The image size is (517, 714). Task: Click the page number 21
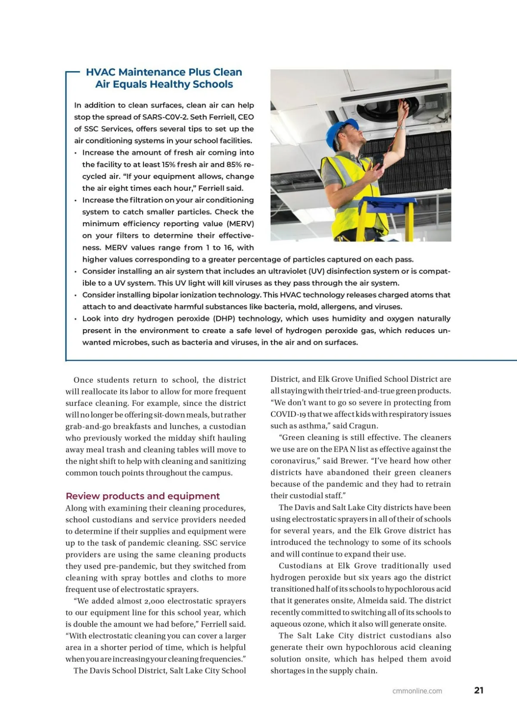pyautogui.click(x=479, y=690)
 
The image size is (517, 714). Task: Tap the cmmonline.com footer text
pyautogui.click(x=417, y=691)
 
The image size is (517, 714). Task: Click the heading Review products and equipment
pyautogui.click(x=142, y=496)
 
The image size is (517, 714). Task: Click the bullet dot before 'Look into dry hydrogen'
pyautogui.click(x=76, y=319)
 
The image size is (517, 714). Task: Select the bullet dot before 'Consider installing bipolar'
pyautogui.click(x=76, y=295)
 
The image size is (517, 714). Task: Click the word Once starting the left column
pyautogui.click(x=84, y=380)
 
